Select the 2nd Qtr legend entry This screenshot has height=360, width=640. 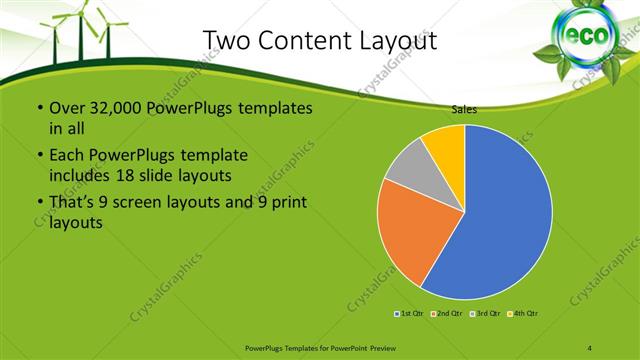pyautogui.click(x=447, y=315)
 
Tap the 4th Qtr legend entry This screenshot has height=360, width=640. pyautogui.click(x=526, y=315)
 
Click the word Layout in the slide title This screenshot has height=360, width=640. pyautogui.click(x=392, y=40)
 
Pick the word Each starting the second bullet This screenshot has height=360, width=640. pyautogui.click(x=66, y=155)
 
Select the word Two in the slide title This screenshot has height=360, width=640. pyautogui.click(x=225, y=40)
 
